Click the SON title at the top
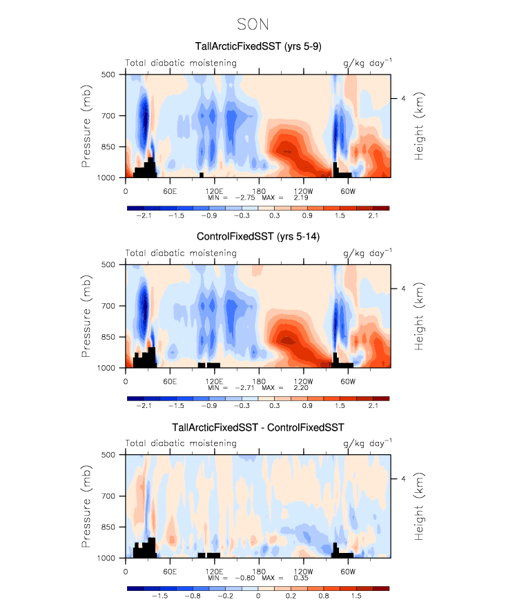(253, 24)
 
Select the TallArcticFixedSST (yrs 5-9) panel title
(257, 47)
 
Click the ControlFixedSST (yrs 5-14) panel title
(257, 237)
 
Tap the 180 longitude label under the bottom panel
(258, 571)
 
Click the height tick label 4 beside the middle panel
(403, 289)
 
